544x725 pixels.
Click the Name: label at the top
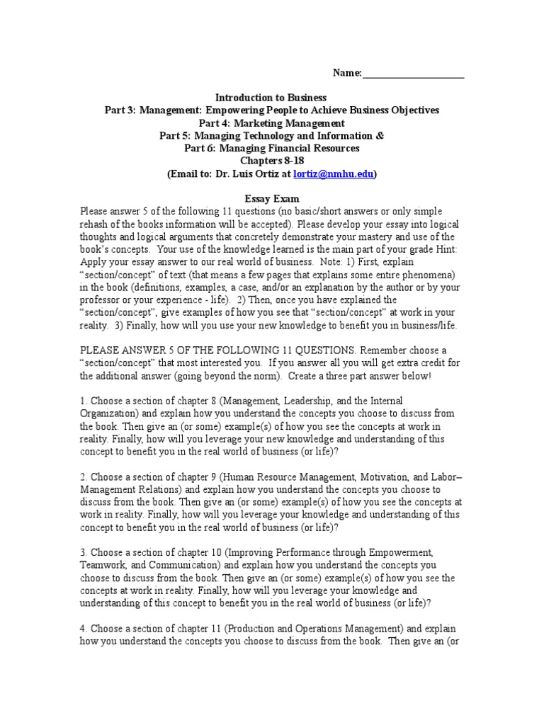(x=347, y=73)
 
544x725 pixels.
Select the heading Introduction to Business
(x=271, y=98)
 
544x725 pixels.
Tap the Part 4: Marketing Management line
(x=271, y=123)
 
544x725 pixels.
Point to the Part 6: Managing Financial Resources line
(x=271, y=148)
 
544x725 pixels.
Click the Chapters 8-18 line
(x=271, y=161)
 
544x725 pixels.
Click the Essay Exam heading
(x=271, y=199)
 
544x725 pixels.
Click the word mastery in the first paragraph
(x=380, y=236)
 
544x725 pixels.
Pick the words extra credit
(x=414, y=363)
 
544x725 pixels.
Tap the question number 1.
(x=83, y=401)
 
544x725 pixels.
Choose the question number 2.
(x=83, y=476)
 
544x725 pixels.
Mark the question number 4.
(x=83, y=628)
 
